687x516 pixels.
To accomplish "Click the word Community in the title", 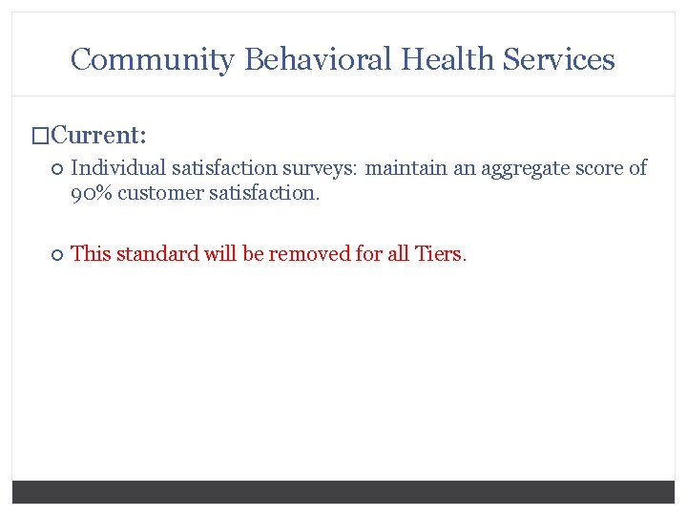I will [152, 59].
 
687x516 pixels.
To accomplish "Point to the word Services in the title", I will [559, 59].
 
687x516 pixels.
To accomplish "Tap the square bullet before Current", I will [40, 135].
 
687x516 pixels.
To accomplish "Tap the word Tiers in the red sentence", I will [438, 253].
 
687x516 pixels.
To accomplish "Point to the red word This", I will [91, 253].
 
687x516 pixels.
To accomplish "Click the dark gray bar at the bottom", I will [343, 491].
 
